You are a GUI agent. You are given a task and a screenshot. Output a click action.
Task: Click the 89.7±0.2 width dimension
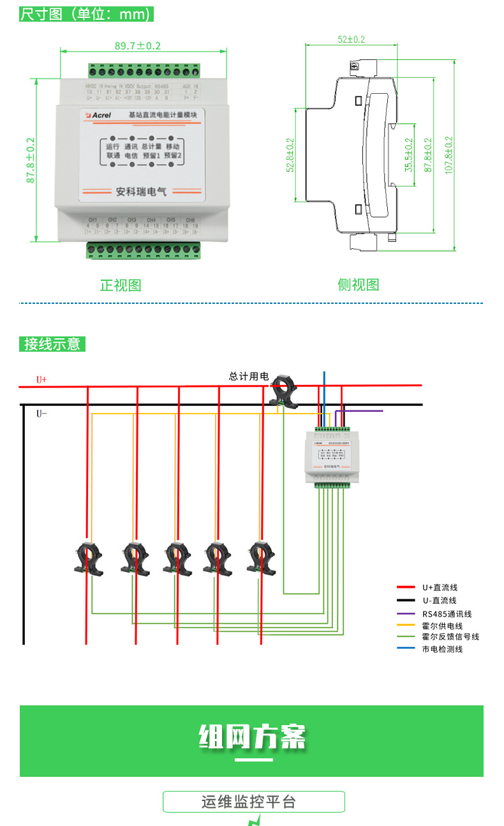pos(137,46)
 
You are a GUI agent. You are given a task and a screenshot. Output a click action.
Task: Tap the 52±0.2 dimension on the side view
pos(351,40)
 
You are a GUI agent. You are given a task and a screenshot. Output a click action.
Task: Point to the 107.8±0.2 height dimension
pos(448,155)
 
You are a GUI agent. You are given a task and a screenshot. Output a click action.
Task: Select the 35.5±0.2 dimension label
pos(409,155)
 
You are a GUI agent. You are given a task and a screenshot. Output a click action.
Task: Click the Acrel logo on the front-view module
pos(99,115)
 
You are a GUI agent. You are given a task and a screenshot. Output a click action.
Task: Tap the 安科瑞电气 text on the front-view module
pos(137,191)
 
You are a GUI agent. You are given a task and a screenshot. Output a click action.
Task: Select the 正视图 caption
pos(121,285)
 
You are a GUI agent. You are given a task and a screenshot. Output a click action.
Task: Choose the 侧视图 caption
pos(359,285)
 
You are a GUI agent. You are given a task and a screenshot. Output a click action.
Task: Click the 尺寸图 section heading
pos(86,14)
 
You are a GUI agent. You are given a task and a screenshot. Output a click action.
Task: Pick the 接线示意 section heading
pos(52,344)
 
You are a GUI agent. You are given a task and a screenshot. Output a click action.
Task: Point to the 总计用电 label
pos(249,377)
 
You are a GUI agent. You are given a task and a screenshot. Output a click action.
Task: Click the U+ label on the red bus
pos(41,380)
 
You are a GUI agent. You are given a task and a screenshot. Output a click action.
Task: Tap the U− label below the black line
pos(41,414)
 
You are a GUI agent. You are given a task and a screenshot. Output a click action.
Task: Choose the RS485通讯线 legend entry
pos(447,614)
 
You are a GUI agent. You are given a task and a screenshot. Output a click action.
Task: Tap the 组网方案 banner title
pos(251,737)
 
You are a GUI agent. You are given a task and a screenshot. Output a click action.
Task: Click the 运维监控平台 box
pos(253,802)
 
